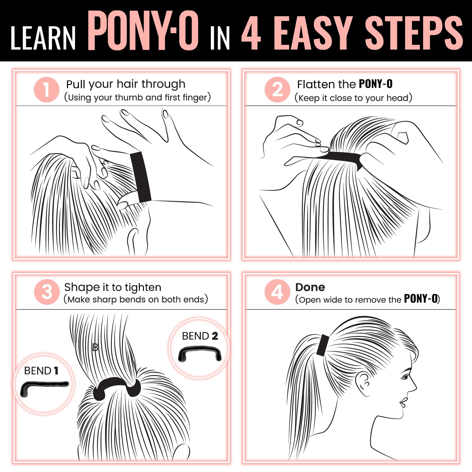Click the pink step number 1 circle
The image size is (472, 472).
[47, 90]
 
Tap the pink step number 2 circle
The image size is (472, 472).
[277, 90]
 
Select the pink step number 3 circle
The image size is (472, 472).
[47, 292]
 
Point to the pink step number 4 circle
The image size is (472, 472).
[277, 292]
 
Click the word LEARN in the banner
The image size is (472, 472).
[43, 38]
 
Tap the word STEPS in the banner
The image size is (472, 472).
[414, 33]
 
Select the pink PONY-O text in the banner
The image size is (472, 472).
[143, 31]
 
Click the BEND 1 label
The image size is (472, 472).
[41, 371]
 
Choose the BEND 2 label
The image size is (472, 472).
[200, 336]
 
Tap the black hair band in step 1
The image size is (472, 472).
[141, 177]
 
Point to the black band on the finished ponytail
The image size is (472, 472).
[323, 345]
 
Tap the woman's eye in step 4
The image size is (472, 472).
[405, 377]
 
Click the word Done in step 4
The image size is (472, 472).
[310, 287]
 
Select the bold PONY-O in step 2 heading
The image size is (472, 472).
[376, 84]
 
